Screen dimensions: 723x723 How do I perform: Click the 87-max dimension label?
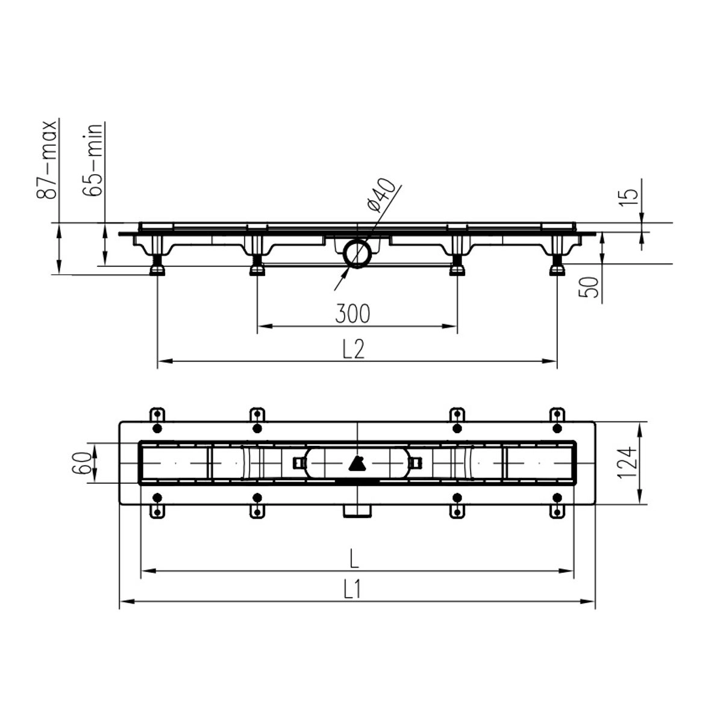point(47,160)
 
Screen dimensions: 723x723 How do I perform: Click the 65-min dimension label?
point(92,160)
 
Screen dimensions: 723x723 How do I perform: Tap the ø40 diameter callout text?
point(381,195)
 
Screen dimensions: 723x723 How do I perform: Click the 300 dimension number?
point(352,313)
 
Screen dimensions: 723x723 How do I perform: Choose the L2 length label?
point(354,349)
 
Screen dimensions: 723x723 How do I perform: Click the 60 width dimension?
point(81,462)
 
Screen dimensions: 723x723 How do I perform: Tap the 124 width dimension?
point(627,462)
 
